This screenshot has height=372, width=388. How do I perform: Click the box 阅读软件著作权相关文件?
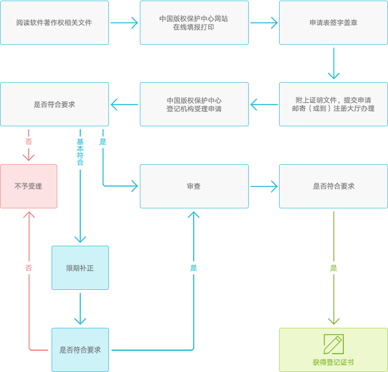click(x=54, y=23)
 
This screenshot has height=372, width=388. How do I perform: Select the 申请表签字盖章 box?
click(x=334, y=23)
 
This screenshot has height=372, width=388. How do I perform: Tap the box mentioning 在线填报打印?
click(x=194, y=23)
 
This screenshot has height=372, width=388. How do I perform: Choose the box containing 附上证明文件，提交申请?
click(x=334, y=104)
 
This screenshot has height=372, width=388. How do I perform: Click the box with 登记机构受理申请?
click(x=194, y=104)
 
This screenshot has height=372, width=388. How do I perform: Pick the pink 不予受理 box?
click(x=29, y=186)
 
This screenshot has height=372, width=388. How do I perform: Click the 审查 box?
click(x=194, y=186)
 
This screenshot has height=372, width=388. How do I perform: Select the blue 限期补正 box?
click(x=80, y=268)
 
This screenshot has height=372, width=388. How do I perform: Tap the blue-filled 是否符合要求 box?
click(x=80, y=350)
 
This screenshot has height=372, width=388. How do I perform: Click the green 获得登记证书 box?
click(x=334, y=350)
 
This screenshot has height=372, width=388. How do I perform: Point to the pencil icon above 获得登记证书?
click(x=333, y=343)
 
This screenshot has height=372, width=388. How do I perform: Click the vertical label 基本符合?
click(x=80, y=152)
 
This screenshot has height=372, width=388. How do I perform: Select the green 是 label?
click(x=334, y=268)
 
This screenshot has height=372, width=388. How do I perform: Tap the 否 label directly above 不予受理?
click(x=29, y=141)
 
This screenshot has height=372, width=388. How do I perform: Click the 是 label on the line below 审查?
click(x=194, y=268)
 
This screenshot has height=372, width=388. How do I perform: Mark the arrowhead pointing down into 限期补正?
click(x=80, y=238)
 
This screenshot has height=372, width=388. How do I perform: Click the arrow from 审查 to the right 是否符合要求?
click(x=264, y=186)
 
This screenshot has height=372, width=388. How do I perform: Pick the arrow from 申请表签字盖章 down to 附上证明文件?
click(x=334, y=63)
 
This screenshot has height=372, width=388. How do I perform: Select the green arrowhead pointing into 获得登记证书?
click(x=334, y=321)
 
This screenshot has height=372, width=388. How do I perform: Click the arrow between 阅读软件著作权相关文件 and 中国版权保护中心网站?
click(x=124, y=23)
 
